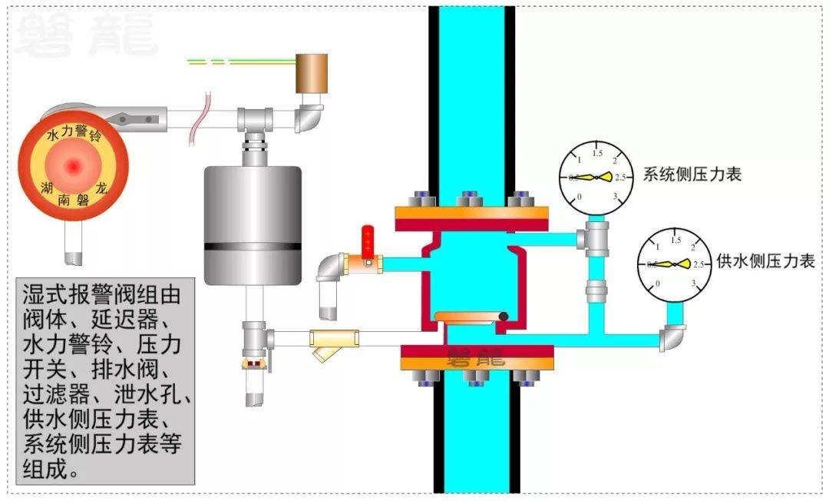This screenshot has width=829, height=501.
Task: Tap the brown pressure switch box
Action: (x=312, y=73)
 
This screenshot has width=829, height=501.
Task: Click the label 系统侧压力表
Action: (x=692, y=174)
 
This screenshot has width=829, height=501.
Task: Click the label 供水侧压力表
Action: (x=765, y=261)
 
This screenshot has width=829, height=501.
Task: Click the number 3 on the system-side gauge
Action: (x=616, y=196)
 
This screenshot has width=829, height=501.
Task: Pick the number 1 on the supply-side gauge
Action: (x=658, y=246)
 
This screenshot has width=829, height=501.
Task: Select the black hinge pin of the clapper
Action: (x=504, y=316)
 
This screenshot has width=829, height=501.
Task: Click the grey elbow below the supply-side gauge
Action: (x=673, y=337)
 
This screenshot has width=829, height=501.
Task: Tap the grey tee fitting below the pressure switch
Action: (x=253, y=119)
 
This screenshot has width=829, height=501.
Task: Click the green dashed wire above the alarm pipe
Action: (x=230, y=60)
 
